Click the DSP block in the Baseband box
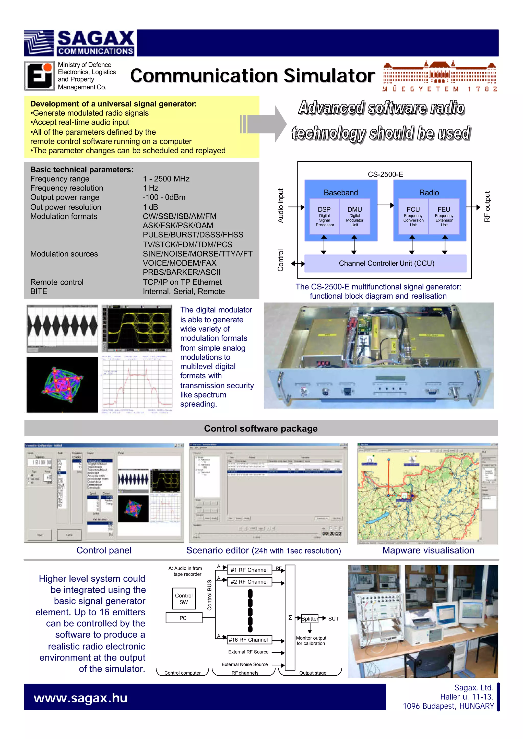324,216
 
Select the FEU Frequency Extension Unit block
444,216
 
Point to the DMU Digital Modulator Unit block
354,216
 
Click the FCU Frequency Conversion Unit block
413,216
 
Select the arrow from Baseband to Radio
385,205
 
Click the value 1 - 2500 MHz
166,179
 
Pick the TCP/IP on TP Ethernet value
182,282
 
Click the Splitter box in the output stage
310,618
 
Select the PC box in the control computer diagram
184,618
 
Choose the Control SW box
184,599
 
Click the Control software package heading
261,428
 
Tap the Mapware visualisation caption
428,550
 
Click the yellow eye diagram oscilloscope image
137,328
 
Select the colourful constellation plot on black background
62,385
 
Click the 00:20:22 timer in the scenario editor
332,533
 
